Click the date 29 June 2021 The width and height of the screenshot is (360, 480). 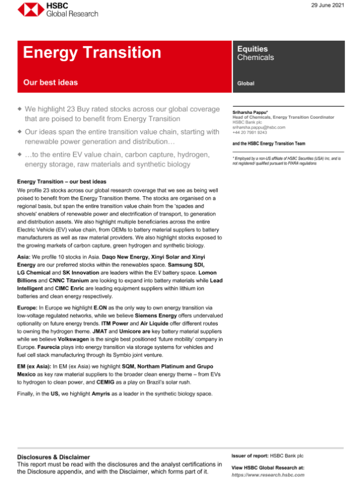(328, 5)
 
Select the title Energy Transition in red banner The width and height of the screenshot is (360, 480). (92, 52)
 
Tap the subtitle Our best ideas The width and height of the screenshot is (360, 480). (50, 82)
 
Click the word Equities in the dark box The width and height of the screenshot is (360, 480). (253, 49)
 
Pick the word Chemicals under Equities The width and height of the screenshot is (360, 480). (256, 58)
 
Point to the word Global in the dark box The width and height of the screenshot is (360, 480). (245, 83)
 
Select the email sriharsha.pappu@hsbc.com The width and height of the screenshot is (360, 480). (258, 127)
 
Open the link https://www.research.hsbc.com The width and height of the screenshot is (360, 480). (268, 474)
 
